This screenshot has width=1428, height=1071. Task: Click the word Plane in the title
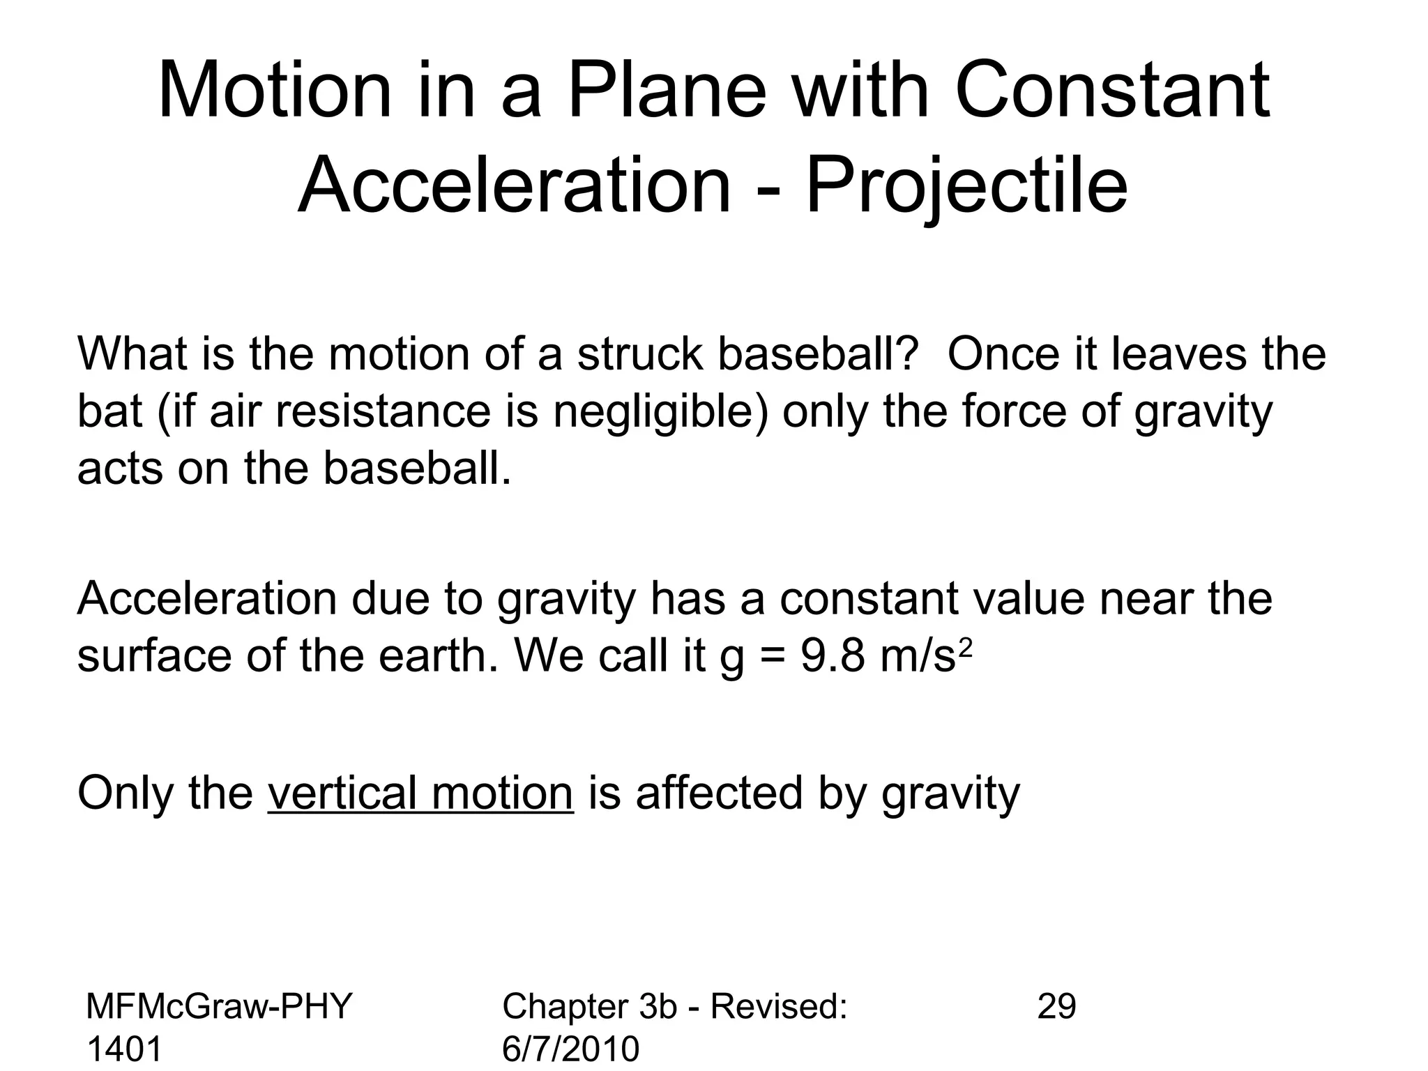667,91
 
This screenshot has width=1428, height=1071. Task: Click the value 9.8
832,656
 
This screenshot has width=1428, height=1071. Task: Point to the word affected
719,793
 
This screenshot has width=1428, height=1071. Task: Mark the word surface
154,656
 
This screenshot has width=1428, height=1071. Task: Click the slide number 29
1056,1006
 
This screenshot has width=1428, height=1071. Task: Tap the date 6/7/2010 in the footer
570,1049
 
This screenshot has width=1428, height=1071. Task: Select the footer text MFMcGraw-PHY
219,1006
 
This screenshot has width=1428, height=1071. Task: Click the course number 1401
124,1049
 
